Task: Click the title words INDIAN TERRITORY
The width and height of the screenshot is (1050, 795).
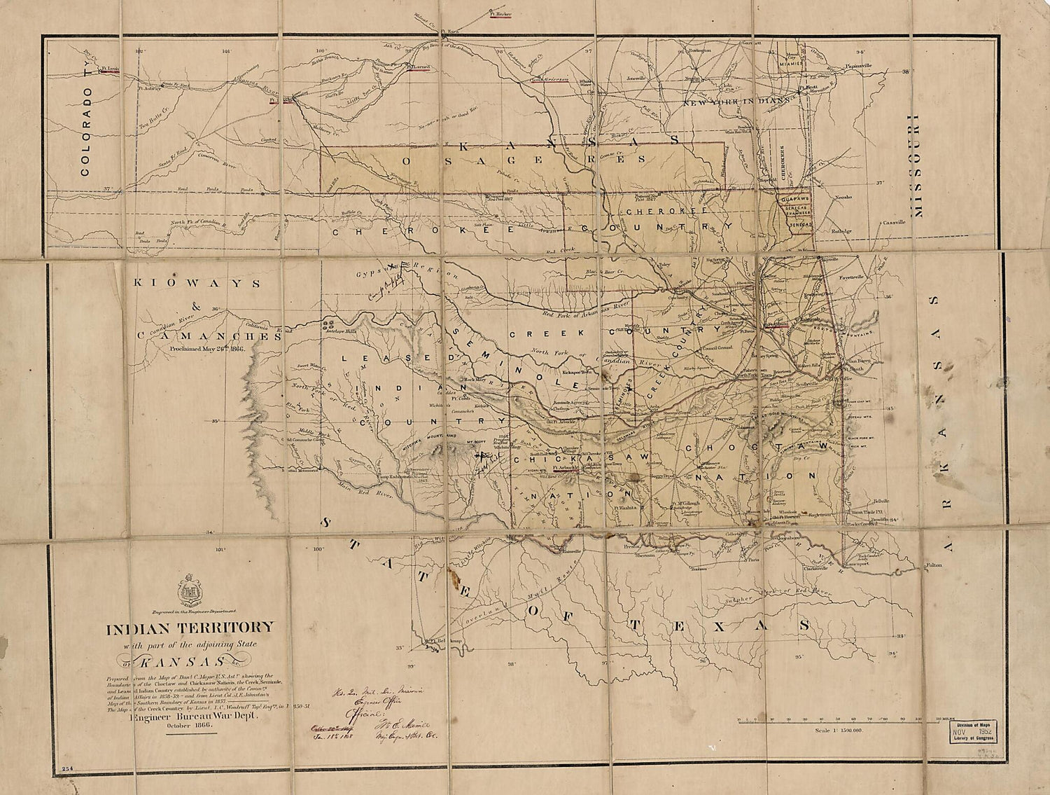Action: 190,628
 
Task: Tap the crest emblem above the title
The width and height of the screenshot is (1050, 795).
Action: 190,590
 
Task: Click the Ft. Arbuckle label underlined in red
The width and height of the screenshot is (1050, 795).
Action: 563,468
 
